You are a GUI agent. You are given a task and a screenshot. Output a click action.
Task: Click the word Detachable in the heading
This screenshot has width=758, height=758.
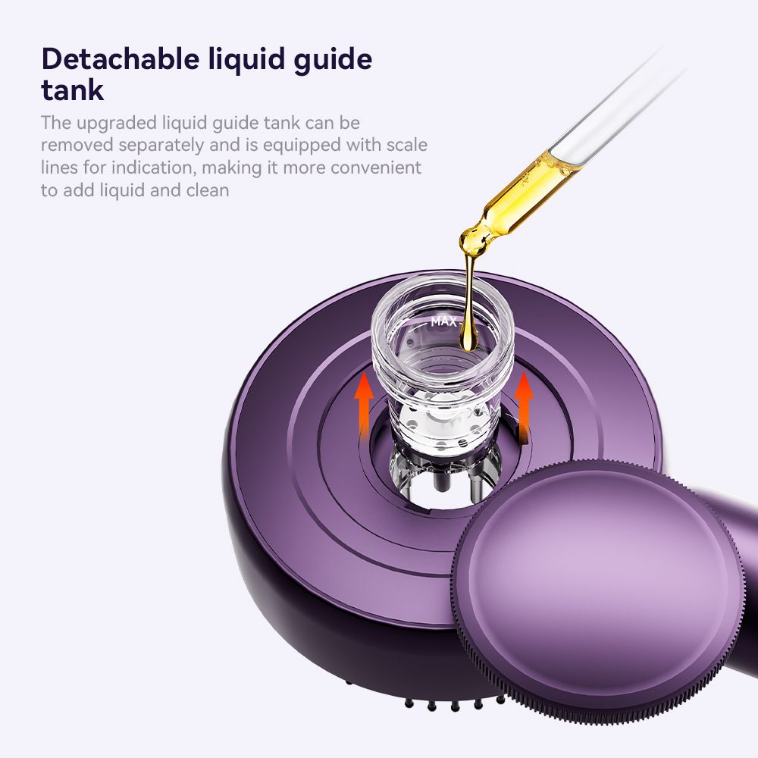(121, 58)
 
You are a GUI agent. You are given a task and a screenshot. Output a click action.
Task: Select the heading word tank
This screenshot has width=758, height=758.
(73, 90)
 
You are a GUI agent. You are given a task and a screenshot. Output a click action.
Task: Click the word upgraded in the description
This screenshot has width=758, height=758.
(117, 124)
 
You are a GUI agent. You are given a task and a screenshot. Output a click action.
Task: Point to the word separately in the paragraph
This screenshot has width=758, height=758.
(164, 146)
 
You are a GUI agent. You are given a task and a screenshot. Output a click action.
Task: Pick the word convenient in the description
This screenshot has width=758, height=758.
(376, 168)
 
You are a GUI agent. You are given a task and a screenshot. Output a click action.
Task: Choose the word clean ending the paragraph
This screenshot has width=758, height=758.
(208, 190)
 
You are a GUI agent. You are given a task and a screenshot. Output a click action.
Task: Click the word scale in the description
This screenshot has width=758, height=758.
(407, 145)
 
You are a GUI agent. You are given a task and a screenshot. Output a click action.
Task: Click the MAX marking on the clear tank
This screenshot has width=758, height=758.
(443, 321)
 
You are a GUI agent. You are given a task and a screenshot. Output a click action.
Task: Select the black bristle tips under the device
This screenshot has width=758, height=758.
(453, 703)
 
